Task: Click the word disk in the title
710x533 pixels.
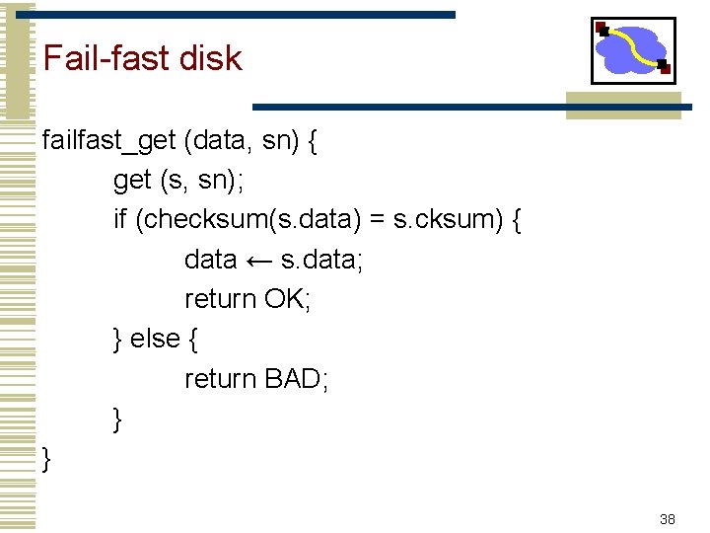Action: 210,58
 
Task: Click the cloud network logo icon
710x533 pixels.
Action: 633,50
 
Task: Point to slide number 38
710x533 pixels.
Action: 668,519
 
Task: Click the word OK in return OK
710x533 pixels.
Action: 288,299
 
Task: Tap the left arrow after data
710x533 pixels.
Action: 259,261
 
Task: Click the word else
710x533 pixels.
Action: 155,339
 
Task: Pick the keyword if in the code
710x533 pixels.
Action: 120,220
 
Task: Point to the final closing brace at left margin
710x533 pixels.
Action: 47,458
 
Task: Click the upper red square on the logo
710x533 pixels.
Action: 601,27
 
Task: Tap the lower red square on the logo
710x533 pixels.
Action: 665,68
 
